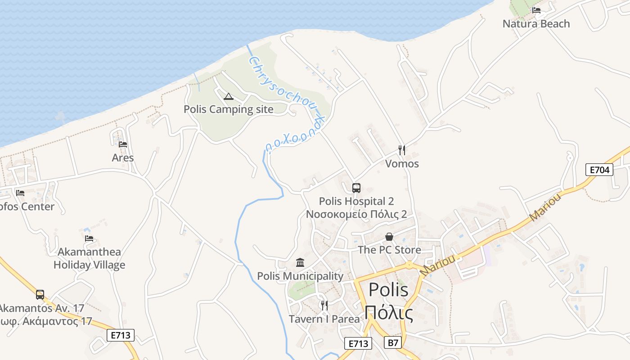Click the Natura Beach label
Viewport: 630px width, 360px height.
coord(536,24)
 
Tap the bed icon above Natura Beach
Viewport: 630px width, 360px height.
coord(536,10)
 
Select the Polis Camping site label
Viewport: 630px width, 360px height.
coord(228,109)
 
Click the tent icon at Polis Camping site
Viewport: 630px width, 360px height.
coord(229,96)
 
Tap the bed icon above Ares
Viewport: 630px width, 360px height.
coord(123,144)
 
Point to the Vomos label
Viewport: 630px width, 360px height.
coord(402,164)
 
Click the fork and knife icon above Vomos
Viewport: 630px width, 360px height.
coord(402,150)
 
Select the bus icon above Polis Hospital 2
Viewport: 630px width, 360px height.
coord(356,188)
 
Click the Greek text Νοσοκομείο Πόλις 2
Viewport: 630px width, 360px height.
coord(356,214)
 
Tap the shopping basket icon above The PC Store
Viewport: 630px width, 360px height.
coord(389,237)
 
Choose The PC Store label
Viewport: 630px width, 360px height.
coord(389,250)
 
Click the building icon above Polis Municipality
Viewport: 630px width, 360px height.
coord(300,262)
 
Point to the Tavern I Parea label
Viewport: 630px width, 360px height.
coord(324,319)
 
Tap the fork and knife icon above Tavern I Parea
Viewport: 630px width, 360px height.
coord(324,306)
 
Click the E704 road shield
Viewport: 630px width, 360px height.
coord(599,170)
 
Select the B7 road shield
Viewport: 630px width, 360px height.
coord(393,343)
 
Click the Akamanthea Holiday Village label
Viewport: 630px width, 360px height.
coord(89,258)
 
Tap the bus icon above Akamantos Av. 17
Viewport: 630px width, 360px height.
coord(40,295)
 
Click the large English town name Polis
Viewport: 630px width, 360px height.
coord(388,290)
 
